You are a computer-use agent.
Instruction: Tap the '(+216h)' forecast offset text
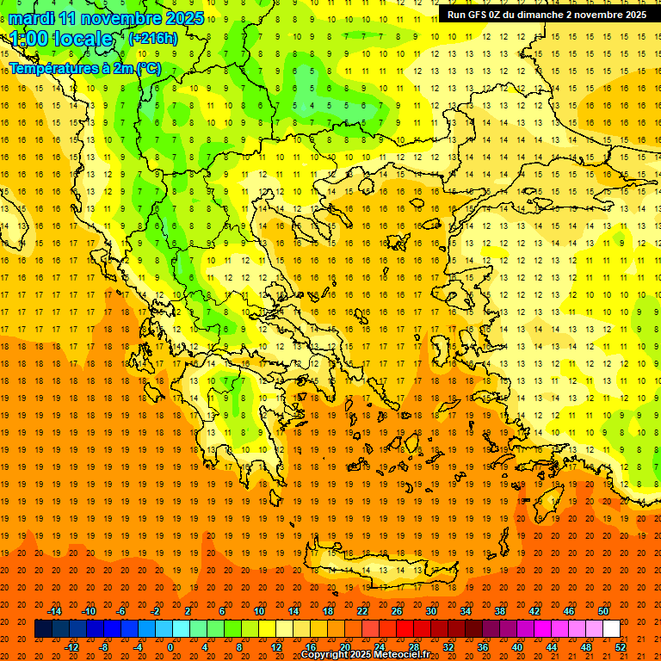(x=152, y=38)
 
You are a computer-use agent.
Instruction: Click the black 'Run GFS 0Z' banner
(x=547, y=15)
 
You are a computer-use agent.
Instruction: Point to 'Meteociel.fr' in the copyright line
(x=396, y=655)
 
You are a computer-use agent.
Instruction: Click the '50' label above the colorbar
(x=602, y=611)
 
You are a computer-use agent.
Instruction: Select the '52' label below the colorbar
(x=621, y=647)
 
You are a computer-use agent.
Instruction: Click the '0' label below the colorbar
(x=170, y=647)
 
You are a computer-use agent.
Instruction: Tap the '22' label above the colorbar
(x=362, y=611)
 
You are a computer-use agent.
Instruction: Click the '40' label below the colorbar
(x=517, y=647)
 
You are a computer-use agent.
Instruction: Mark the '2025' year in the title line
(x=184, y=18)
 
